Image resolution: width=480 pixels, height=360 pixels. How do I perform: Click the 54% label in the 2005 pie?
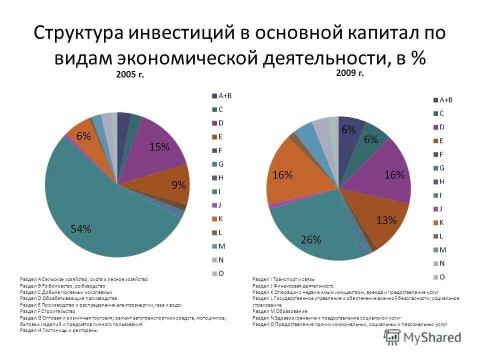click(80, 229)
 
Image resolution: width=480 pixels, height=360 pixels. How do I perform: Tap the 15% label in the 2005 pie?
click(159, 146)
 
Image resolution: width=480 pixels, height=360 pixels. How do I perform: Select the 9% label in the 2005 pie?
click(178, 185)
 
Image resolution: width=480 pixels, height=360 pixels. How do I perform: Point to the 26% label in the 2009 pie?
click(310, 239)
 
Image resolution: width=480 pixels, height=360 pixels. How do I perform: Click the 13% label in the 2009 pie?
click(386, 220)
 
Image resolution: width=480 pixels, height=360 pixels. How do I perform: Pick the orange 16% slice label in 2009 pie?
click(282, 174)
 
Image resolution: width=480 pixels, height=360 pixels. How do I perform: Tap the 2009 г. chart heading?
click(349, 73)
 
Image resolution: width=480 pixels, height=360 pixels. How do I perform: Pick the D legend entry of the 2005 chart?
click(219, 123)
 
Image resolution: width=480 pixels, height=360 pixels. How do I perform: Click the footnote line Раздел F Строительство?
click(47, 311)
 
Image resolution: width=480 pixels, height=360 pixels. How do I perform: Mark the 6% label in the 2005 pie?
click(83, 136)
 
